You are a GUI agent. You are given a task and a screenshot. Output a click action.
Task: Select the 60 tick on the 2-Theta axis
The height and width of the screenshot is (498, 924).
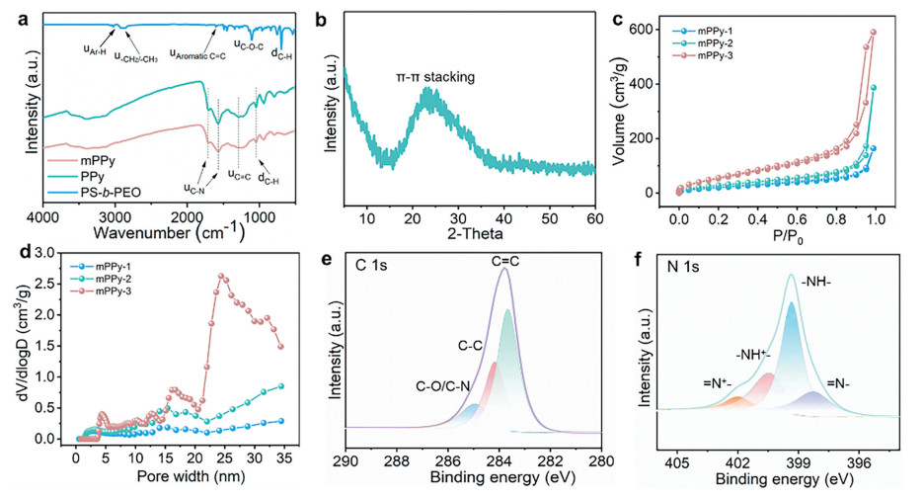pyautogui.click(x=592, y=216)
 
